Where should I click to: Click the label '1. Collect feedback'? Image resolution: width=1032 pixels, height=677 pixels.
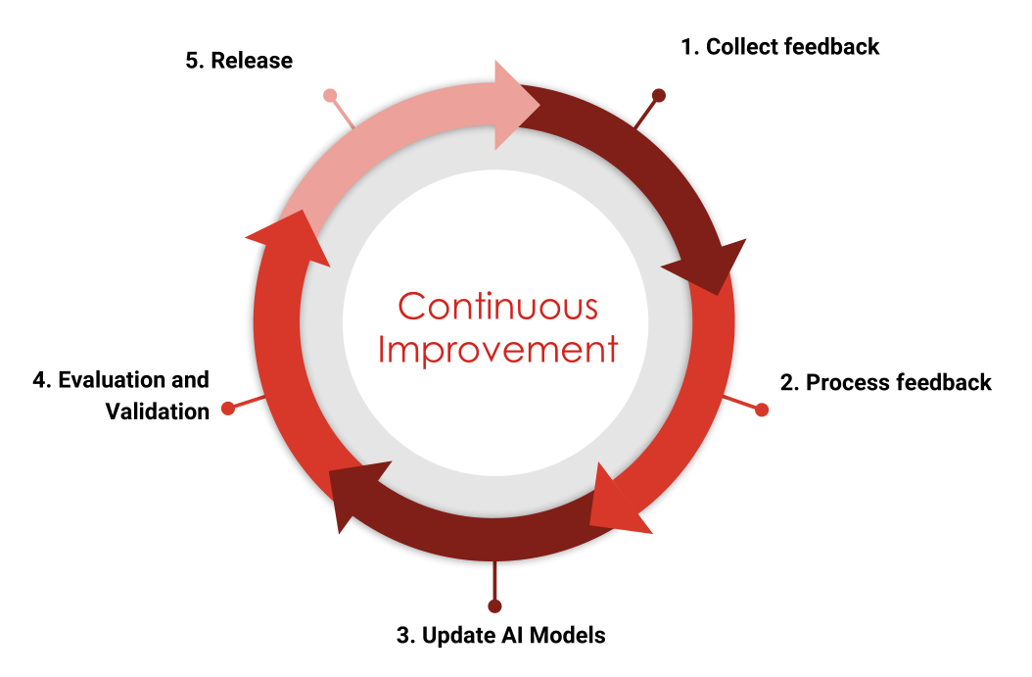(780, 46)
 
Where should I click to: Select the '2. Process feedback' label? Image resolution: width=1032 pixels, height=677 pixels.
(885, 382)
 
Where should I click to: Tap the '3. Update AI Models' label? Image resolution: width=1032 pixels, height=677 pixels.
(500, 635)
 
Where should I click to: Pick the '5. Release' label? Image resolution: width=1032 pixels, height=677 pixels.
(239, 60)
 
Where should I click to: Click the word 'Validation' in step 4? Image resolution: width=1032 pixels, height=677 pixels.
(158, 411)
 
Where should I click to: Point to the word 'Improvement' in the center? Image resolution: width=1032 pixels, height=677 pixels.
(497, 350)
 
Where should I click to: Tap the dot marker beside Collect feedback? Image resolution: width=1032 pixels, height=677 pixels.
(659, 96)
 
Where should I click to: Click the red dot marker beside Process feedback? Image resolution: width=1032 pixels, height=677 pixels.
(762, 410)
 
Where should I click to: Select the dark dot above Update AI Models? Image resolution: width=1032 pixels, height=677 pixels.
(494, 605)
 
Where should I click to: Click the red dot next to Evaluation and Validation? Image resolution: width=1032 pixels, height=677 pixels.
(228, 408)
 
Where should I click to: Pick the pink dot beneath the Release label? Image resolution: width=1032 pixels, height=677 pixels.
(330, 96)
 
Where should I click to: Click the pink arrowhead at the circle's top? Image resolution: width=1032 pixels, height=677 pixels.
(515, 105)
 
